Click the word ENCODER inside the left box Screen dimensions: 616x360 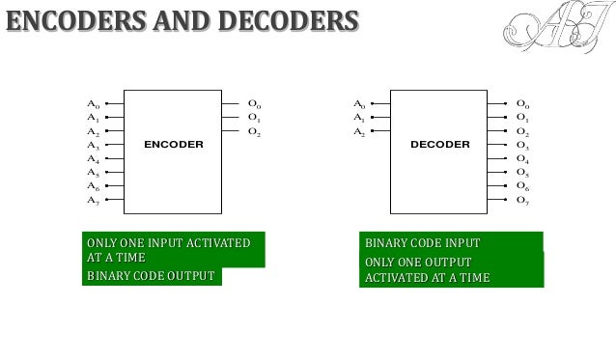(174, 145)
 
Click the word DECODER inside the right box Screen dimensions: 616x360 (439, 145)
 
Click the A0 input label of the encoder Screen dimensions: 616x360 (93, 103)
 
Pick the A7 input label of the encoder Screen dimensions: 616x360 (93, 200)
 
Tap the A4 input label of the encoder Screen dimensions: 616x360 (93, 158)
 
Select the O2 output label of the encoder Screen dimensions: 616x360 (255, 131)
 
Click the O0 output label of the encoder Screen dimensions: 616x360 (255, 103)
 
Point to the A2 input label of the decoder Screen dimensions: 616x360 (359, 131)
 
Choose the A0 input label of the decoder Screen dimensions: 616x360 (359, 103)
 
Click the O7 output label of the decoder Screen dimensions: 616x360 (522, 200)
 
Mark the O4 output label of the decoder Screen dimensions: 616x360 (522, 158)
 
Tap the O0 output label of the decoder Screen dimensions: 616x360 (522, 103)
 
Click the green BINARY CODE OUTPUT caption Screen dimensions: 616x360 (152, 276)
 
